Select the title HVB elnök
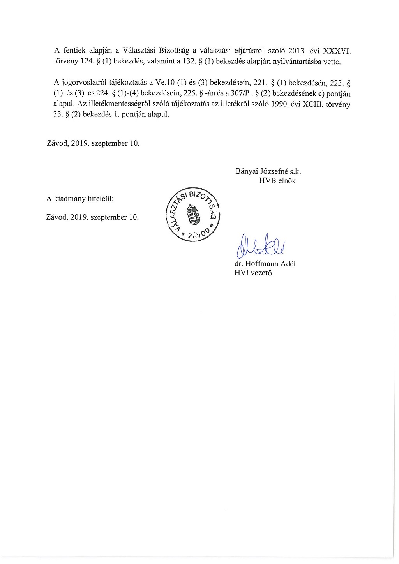tap(277, 180)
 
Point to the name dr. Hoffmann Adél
tap(265, 264)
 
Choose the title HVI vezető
tap(253, 273)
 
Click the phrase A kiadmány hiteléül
tap(80, 199)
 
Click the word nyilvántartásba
tap(290, 62)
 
